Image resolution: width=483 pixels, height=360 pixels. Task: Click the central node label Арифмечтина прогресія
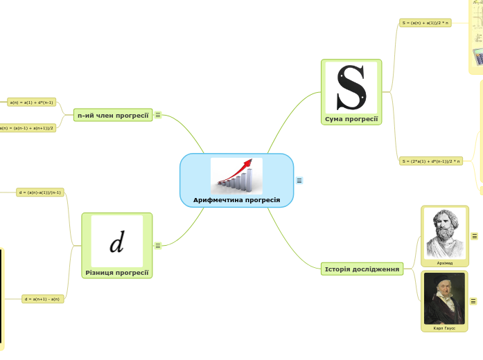(x=236, y=200)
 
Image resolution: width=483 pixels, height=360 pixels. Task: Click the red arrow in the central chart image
(x=243, y=169)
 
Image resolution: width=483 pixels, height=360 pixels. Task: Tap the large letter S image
(x=351, y=87)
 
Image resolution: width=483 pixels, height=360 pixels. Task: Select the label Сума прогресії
(x=351, y=119)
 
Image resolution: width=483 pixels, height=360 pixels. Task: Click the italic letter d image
(x=117, y=242)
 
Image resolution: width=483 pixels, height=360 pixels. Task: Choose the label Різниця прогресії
(x=117, y=273)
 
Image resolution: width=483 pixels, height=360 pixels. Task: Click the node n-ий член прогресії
(x=114, y=115)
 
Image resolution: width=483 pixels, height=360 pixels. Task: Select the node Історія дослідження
(x=362, y=269)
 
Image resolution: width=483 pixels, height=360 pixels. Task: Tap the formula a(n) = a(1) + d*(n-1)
(x=32, y=102)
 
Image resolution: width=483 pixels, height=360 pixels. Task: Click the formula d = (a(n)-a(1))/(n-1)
(x=40, y=192)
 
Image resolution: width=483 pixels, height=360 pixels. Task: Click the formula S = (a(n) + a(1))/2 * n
(x=425, y=23)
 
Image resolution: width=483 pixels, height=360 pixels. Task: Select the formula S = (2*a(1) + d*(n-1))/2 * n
(x=430, y=161)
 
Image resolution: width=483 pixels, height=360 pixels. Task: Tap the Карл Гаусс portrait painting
(x=444, y=298)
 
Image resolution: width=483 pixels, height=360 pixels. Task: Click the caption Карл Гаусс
(x=444, y=327)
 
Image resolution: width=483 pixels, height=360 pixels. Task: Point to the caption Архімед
(x=444, y=263)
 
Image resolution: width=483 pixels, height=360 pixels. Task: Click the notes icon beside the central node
(x=299, y=181)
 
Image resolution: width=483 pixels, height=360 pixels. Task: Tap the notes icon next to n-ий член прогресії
(x=158, y=115)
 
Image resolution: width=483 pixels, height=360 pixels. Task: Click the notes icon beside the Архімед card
(x=475, y=236)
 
